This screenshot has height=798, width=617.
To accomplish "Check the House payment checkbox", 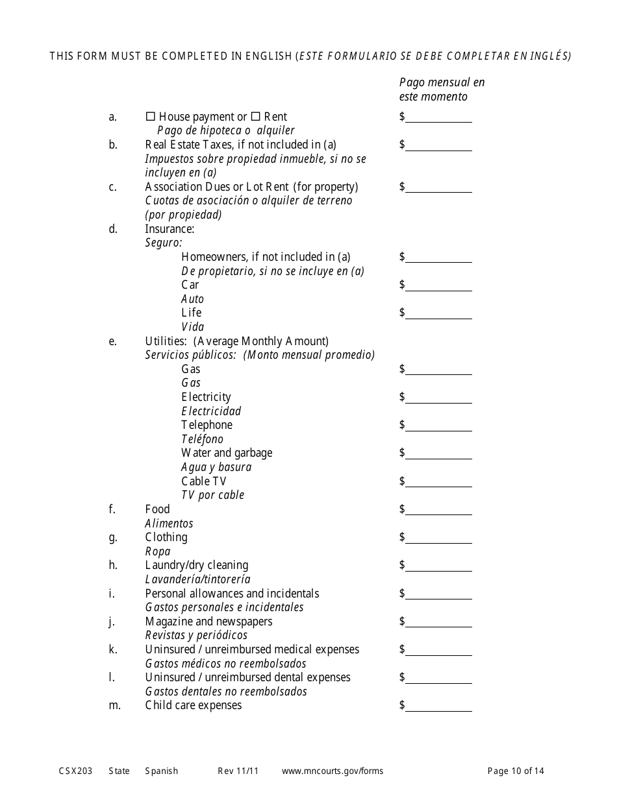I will (x=150, y=117).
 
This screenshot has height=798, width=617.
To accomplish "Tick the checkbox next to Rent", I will (x=255, y=117).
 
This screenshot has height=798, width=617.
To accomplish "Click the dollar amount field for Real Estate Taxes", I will (x=438, y=145).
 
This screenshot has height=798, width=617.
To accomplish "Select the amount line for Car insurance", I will (x=438, y=285).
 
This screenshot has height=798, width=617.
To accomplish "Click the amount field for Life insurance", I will (x=438, y=313).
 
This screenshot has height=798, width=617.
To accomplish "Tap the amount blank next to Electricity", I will (x=438, y=398).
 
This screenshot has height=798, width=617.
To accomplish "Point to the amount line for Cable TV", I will (x=438, y=482).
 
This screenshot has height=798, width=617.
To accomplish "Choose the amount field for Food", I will (x=438, y=510).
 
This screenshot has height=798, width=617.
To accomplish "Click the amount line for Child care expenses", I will (x=438, y=706).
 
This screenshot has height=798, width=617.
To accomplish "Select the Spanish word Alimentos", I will (x=169, y=524).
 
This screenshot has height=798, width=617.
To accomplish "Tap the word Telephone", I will (x=207, y=425).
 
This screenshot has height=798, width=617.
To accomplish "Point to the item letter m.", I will (x=114, y=705).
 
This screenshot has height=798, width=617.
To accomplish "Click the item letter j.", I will (x=112, y=622).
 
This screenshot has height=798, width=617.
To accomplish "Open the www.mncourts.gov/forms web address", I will (x=332, y=771).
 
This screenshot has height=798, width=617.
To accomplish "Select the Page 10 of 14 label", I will (x=516, y=771).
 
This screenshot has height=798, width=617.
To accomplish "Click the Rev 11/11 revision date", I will (x=238, y=771).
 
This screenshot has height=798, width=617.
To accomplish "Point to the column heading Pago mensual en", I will (x=442, y=82).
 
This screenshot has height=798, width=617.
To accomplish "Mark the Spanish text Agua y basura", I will (x=216, y=467).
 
